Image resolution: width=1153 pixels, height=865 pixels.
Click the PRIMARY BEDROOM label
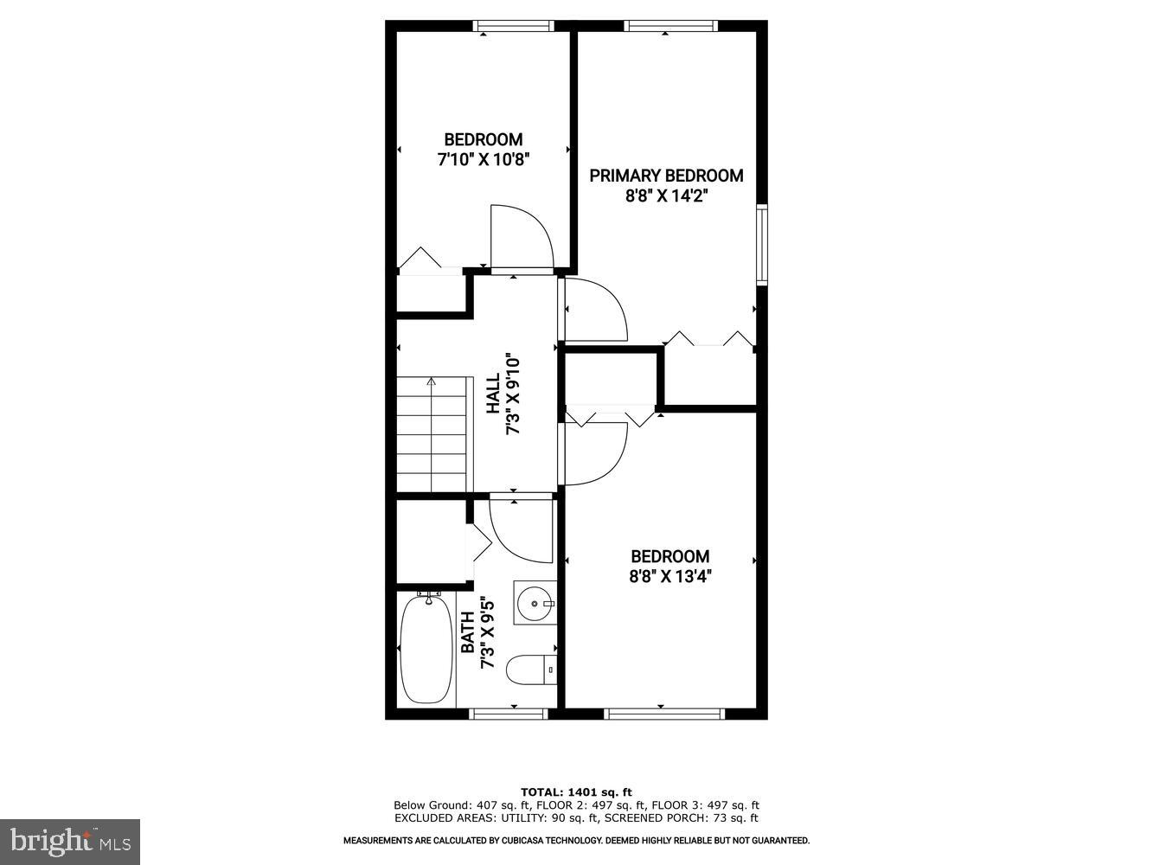(666, 176)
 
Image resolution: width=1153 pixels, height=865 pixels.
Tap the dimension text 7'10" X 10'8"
(483, 159)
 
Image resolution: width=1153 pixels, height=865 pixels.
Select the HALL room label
(492, 394)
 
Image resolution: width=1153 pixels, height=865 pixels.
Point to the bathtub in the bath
(426, 649)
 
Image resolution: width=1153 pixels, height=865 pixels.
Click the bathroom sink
(535, 602)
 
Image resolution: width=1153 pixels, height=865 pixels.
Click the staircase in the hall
(434, 434)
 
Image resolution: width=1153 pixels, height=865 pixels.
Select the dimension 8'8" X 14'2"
(666, 196)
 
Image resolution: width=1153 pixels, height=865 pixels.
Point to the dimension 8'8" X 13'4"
(670, 577)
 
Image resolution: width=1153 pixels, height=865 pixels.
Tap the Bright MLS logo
(70, 841)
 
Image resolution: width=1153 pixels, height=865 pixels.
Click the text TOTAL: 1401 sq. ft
(576, 791)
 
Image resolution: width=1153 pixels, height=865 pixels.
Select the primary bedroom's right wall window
(761, 245)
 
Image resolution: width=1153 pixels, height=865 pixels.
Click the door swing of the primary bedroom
(596, 310)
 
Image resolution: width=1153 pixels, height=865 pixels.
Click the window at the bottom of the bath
(509, 714)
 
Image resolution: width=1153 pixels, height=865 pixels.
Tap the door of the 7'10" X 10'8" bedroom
(522, 238)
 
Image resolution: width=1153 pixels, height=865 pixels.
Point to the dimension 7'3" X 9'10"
(513, 394)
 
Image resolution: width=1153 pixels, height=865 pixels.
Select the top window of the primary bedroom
(670, 26)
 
